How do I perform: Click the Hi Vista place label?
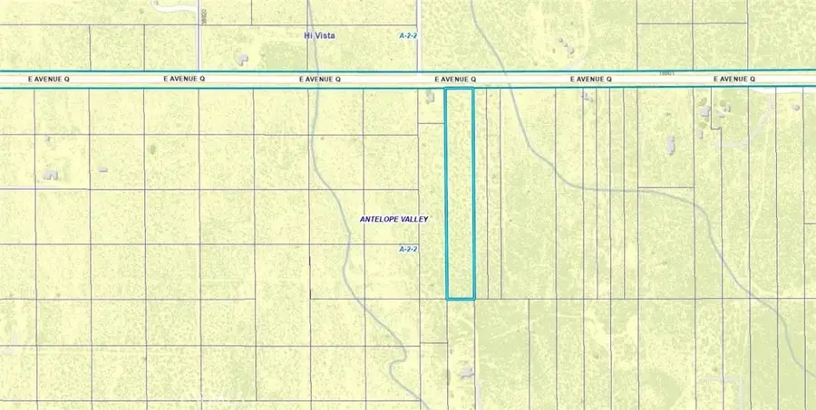point(319,35)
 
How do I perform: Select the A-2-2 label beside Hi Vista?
point(409,35)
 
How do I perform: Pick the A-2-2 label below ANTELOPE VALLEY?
point(409,248)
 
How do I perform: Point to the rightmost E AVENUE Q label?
point(734,80)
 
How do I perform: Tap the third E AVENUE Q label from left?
point(319,80)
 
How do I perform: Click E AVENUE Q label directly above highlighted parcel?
point(455,80)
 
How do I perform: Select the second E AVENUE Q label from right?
point(591,80)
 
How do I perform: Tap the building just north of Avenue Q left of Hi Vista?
point(242,60)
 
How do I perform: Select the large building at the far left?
point(50,173)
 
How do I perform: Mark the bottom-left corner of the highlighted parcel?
point(447,298)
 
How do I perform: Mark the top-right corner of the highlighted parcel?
point(474,89)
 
